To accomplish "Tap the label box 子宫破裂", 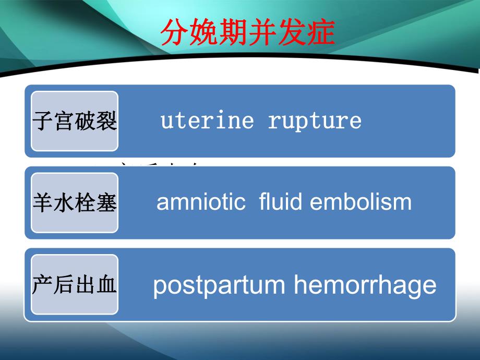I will tap(75, 121).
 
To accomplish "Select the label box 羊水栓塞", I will tap(75, 202).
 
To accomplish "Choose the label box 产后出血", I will tap(75, 284).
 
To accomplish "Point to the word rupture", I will tap(314, 121).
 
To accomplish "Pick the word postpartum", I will tap(219, 285).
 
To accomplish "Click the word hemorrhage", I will tap(365, 285).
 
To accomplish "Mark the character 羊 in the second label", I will tap(43, 202).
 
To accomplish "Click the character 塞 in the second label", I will tap(106, 202).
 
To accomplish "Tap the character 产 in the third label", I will tap(43, 284).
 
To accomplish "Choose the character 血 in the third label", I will tap(106, 284).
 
